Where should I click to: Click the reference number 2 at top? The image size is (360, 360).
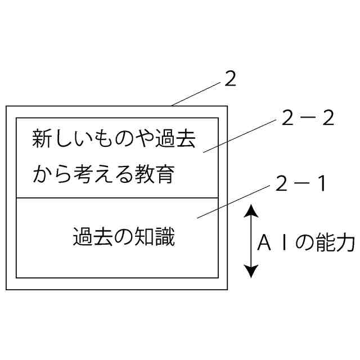point(230,80)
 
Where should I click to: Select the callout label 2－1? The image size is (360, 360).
point(301,184)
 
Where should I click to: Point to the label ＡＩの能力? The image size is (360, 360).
point(306,244)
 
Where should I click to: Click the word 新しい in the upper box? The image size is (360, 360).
point(56,139)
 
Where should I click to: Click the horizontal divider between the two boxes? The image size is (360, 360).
point(116,198)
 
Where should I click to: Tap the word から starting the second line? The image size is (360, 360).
point(46,174)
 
